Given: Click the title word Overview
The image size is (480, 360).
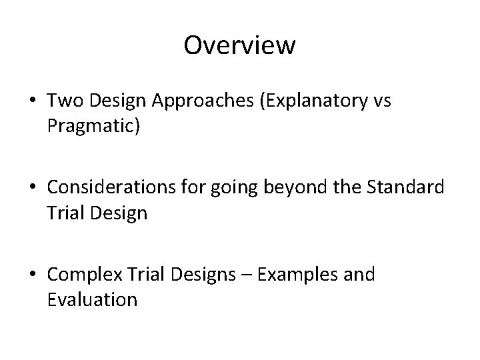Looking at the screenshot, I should (x=239, y=45).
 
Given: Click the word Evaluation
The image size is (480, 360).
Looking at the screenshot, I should (x=93, y=299).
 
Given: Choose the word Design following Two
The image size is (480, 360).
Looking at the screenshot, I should (x=118, y=101).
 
